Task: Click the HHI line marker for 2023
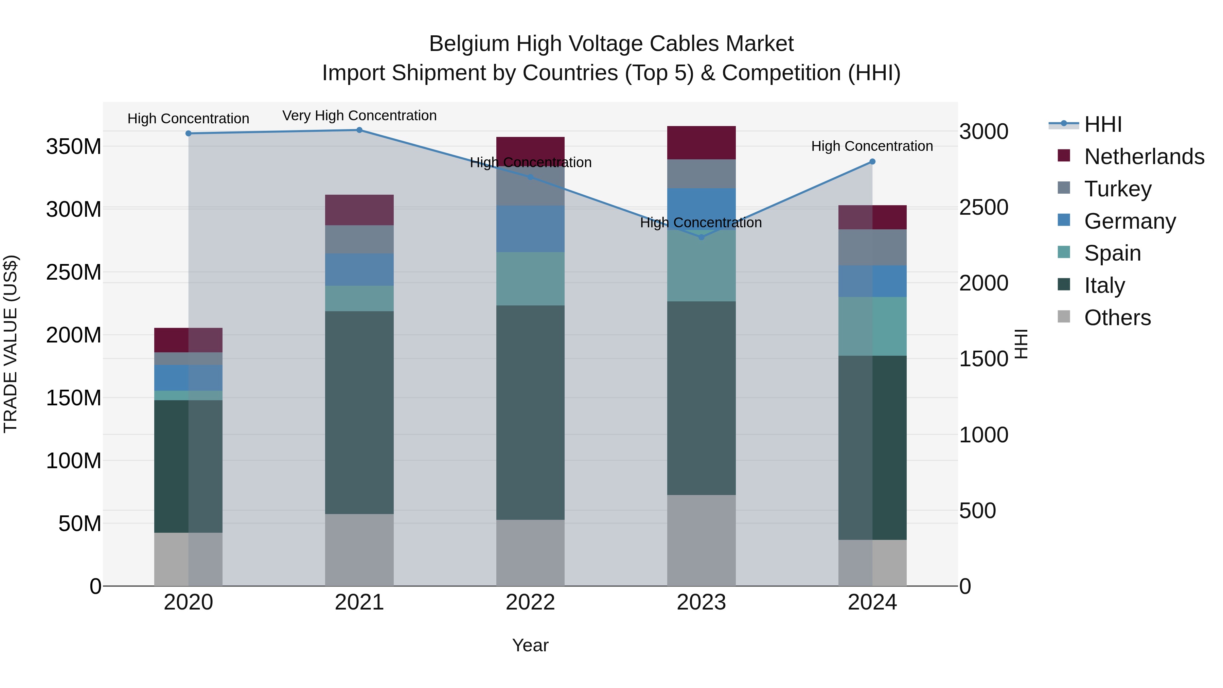click(x=701, y=237)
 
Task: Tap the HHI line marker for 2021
click(x=359, y=130)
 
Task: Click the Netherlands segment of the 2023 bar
click(x=701, y=142)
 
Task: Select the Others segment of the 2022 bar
click(x=530, y=553)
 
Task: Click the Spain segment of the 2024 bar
click(x=872, y=326)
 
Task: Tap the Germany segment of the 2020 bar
click(x=189, y=377)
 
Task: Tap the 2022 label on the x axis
click(x=530, y=603)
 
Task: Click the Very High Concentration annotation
click(x=359, y=116)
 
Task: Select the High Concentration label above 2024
click(x=872, y=146)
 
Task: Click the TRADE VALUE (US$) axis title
click(x=11, y=344)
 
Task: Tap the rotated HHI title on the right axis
click(x=1021, y=344)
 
